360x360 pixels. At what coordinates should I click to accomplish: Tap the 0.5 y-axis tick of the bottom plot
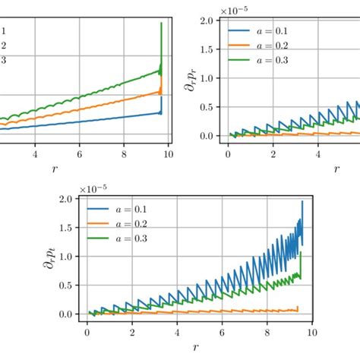tap(66, 286)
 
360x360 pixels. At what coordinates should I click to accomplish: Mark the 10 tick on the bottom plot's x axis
tap(311, 333)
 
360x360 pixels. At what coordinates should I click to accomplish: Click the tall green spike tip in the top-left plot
tap(161, 23)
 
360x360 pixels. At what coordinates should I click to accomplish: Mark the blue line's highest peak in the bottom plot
tap(302, 201)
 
